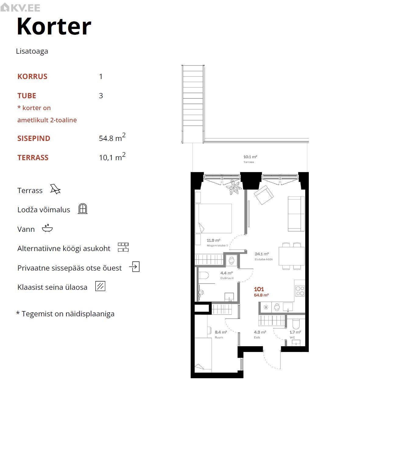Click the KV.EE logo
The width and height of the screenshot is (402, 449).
[x=20, y=8]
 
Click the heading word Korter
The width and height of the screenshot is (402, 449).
[x=54, y=26]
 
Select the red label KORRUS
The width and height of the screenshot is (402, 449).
[x=32, y=77]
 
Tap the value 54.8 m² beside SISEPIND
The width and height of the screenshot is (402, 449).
[x=112, y=137]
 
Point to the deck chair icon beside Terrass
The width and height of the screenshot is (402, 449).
[x=55, y=189]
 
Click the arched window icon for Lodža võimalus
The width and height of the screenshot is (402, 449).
[x=83, y=209]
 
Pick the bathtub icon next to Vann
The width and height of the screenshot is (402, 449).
[x=47, y=228]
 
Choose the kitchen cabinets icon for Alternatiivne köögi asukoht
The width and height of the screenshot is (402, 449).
[x=123, y=247]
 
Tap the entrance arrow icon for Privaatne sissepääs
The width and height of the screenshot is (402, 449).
[x=134, y=266]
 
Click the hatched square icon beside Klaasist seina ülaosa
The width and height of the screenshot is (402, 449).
[x=100, y=286]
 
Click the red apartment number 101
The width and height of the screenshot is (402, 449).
[x=259, y=289]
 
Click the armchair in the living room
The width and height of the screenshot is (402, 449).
[x=264, y=195]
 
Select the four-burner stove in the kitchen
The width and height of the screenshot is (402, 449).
[x=300, y=291]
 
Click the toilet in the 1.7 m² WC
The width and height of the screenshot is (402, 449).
[x=296, y=324]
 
